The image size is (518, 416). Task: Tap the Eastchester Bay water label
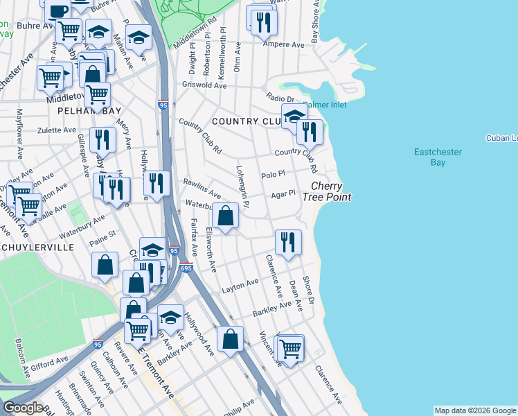click(438, 157)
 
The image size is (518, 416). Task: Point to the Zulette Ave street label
click(56, 130)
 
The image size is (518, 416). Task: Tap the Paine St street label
click(102, 242)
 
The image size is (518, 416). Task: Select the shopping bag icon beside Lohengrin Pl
click(226, 216)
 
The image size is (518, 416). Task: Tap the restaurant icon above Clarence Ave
click(287, 242)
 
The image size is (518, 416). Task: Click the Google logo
click(23, 408)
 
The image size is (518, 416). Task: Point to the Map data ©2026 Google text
click(474, 410)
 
